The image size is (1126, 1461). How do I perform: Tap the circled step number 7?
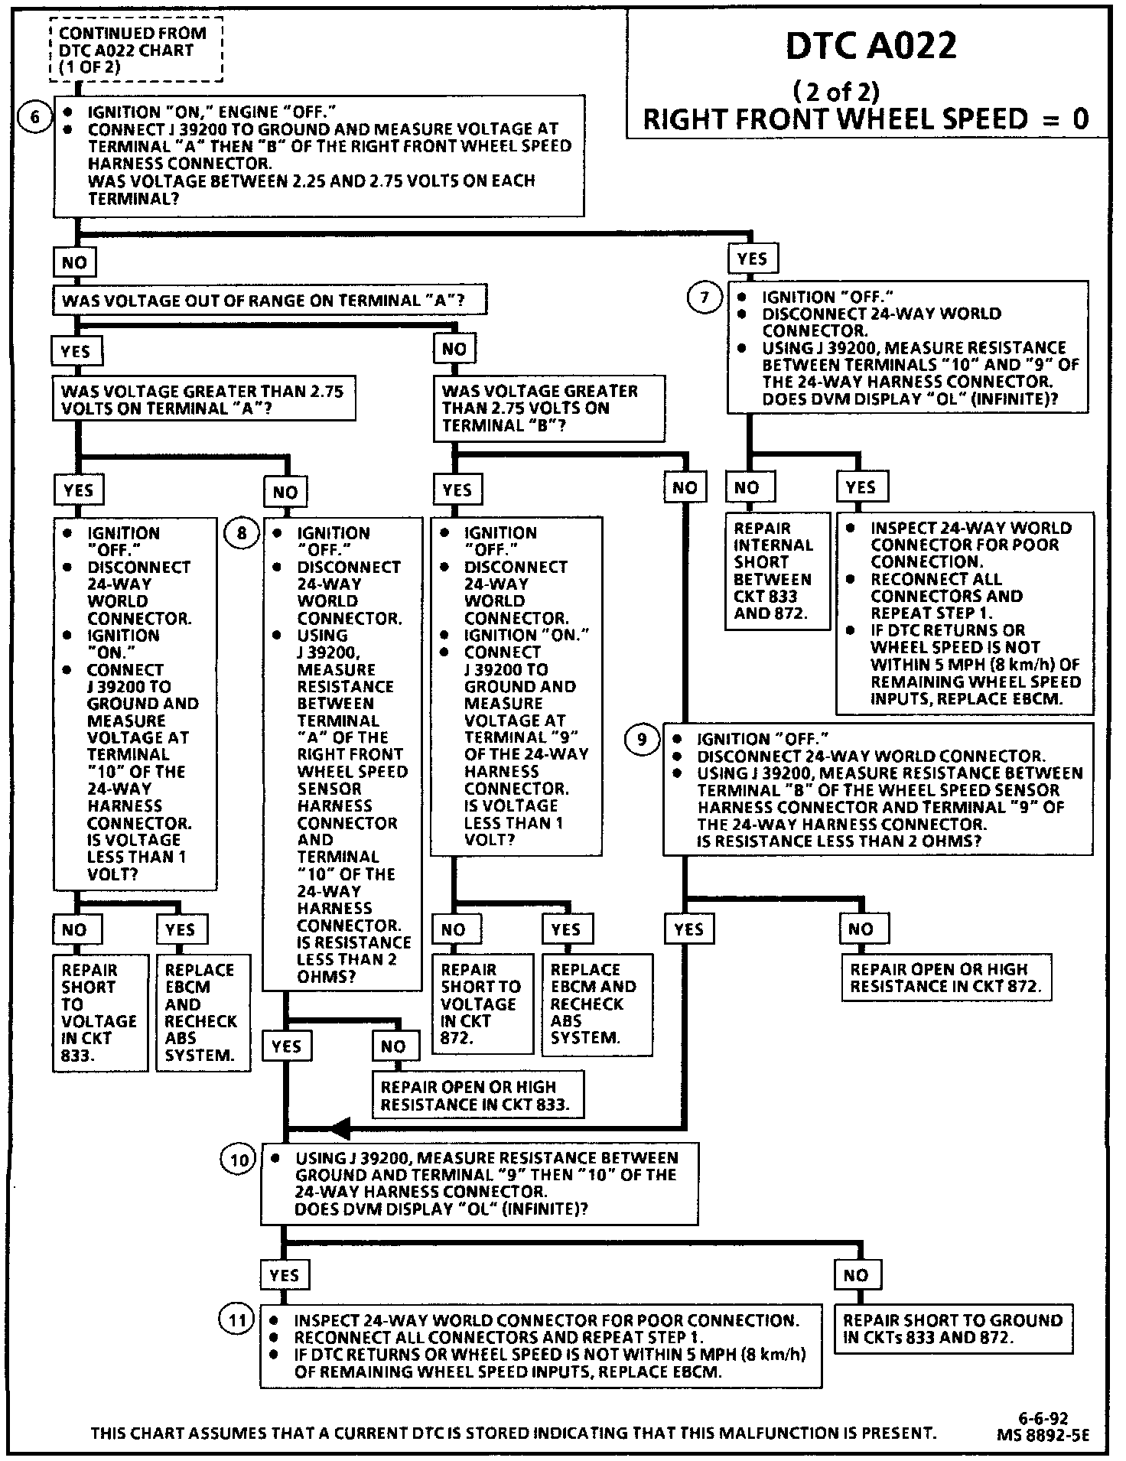[x=705, y=297]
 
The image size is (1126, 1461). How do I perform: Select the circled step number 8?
[x=242, y=532]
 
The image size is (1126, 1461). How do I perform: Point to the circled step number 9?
[x=642, y=739]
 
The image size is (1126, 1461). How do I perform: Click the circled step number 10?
[x=239, y=1160]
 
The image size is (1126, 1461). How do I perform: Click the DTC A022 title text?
[x=871, y=47]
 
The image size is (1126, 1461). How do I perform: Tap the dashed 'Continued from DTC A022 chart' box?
[x=134, y=50]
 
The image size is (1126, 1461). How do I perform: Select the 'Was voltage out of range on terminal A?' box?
[x=269, y=301]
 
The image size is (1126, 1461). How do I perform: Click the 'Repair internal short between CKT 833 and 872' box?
[x=776, y=571]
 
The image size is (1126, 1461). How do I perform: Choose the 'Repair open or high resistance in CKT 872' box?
[x=946, y=978]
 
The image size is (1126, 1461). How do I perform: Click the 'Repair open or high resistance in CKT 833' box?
[x=477, y=1095]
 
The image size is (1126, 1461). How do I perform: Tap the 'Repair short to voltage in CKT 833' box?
[x=99, y=1013]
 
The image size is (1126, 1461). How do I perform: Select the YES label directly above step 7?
[x=752, y=259]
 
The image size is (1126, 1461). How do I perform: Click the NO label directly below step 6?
[x=74, y=262]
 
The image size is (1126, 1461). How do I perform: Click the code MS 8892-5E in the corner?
[x=1042, y=1436]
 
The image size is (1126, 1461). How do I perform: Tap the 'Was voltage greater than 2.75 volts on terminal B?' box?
[x=548, y=408]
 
